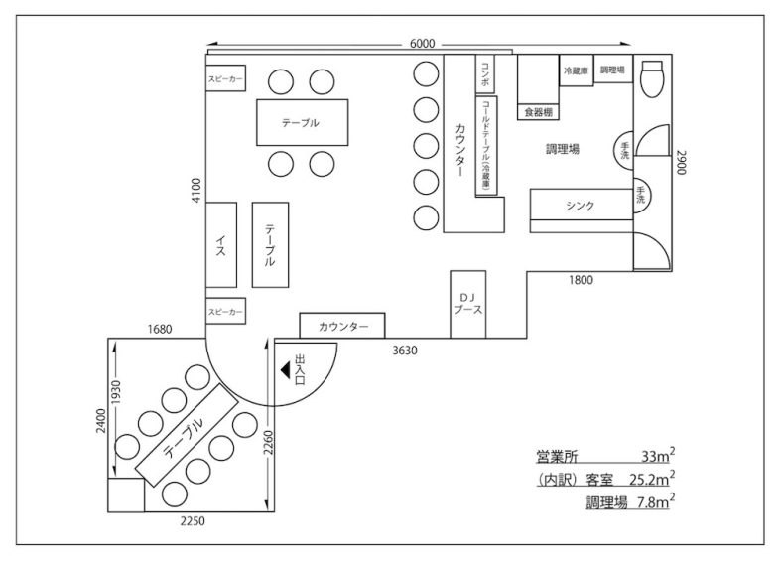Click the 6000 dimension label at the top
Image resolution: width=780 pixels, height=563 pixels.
pos(422,44)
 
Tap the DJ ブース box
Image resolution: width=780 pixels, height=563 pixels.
pos(467,304)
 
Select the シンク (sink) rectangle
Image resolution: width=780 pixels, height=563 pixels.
pos(581,206)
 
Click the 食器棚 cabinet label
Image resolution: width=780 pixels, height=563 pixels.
pos(537,112)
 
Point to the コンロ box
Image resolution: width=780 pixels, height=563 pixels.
pos(484,75)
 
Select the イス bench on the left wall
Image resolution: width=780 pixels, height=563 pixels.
pos(221,245)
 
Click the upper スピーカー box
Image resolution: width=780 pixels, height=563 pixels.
pos(226,78)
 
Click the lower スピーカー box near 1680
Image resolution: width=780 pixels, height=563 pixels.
pos(225,312)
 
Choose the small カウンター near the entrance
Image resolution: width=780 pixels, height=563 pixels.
pos(342,326)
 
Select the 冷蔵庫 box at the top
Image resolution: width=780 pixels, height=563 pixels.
pos(577,71)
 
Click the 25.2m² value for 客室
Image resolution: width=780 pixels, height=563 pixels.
pos(650,480)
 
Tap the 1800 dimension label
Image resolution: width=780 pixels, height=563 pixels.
pos(581,280)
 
